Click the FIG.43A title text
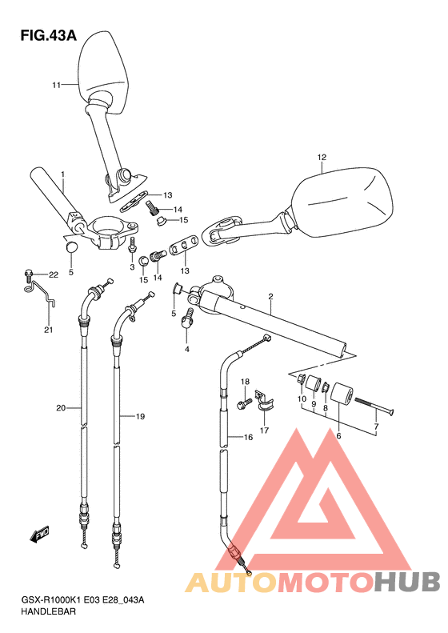coord(49,36)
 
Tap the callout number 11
coord(56,85)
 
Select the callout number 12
coord(322,157)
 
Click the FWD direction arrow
coord(39,535)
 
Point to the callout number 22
coord(54,275)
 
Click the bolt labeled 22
coord(29,276)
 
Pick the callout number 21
coord(49,330)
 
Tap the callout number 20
coord(61,408)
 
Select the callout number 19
coord(140,416)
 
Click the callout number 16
coord(248,437)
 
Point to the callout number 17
coord(264,431)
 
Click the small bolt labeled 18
coord(246,403)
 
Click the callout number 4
coord(187,349)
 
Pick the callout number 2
coord(271,297)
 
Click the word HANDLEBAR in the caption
coord(48,611)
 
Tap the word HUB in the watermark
coord(407,582)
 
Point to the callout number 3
coord(132,266)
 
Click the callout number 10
coord(302,399)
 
